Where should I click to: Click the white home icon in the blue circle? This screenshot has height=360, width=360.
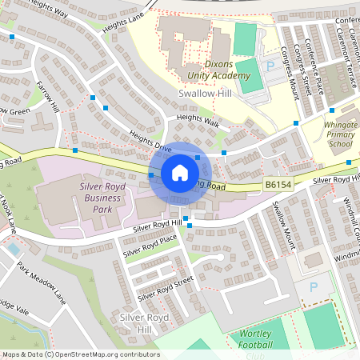(180, 173)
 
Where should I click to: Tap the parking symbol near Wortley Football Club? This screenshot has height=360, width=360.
(314, 286)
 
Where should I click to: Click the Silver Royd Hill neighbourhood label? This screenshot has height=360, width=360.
(134, 323)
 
